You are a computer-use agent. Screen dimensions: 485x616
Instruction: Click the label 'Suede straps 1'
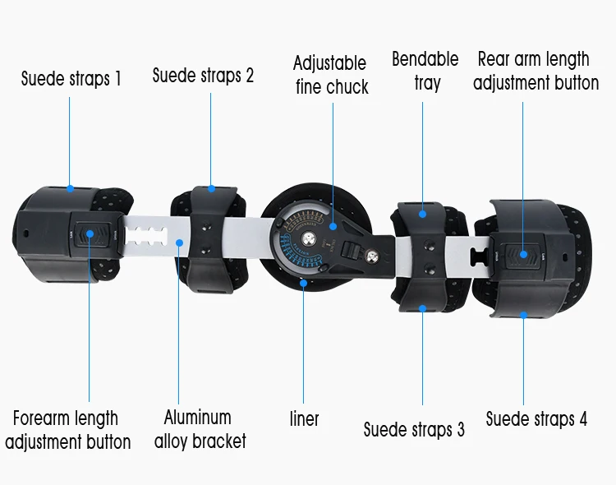tap(71, 79)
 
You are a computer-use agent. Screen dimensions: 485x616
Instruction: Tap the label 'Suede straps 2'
tap(203, 76)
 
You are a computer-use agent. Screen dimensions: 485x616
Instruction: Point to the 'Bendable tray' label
tap(425, 71)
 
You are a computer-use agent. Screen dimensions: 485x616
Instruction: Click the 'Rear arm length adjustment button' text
tap(534, 71)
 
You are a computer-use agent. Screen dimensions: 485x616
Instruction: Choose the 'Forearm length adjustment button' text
tap(67, 430)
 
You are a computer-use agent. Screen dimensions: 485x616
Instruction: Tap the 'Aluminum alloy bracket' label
tap(200, 429)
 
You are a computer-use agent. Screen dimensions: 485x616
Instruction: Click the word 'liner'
tap(305, 418)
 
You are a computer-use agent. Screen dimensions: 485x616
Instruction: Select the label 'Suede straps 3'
tap(414, 429)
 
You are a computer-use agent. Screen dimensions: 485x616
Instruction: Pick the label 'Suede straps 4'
tap(536, 418)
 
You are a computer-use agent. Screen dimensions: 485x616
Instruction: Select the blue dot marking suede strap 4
tap(523, 312)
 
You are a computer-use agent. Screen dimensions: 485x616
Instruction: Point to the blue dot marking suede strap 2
tap(211, 189)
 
